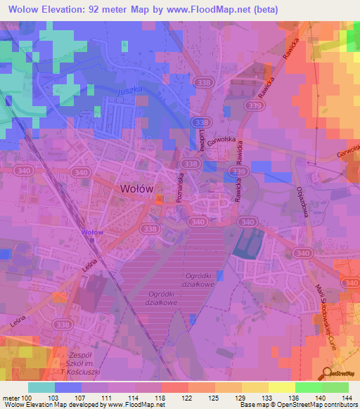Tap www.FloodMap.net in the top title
pyautogui.click(x=214, y=10)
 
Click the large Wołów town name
pyautogui.click(x=134, y=188)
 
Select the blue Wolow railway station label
pyautogui.click(x=92, y=233)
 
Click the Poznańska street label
pyautogui.click(x=180, y=189)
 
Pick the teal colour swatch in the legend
pyautogui.click(x=41, y=387)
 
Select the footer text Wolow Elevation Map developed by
pyautogui.click(x=50, y=405)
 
